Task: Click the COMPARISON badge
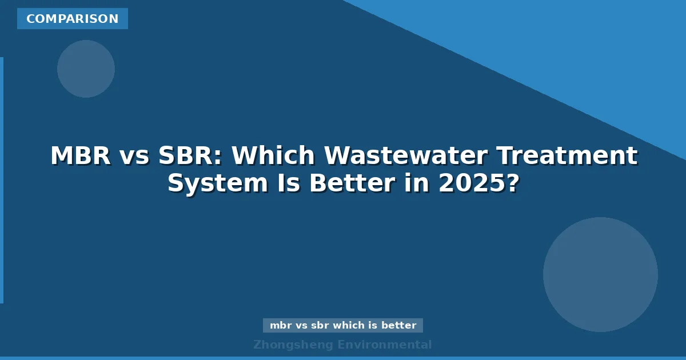point(72,19)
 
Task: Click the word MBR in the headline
point(81,156)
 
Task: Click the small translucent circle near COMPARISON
point(86,69)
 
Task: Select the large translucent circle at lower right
point(600,274)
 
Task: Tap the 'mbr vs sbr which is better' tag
point(343,325)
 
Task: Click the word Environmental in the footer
point(385,345)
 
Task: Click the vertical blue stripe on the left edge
point(2,180)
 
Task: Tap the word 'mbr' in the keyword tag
point(281,325)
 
